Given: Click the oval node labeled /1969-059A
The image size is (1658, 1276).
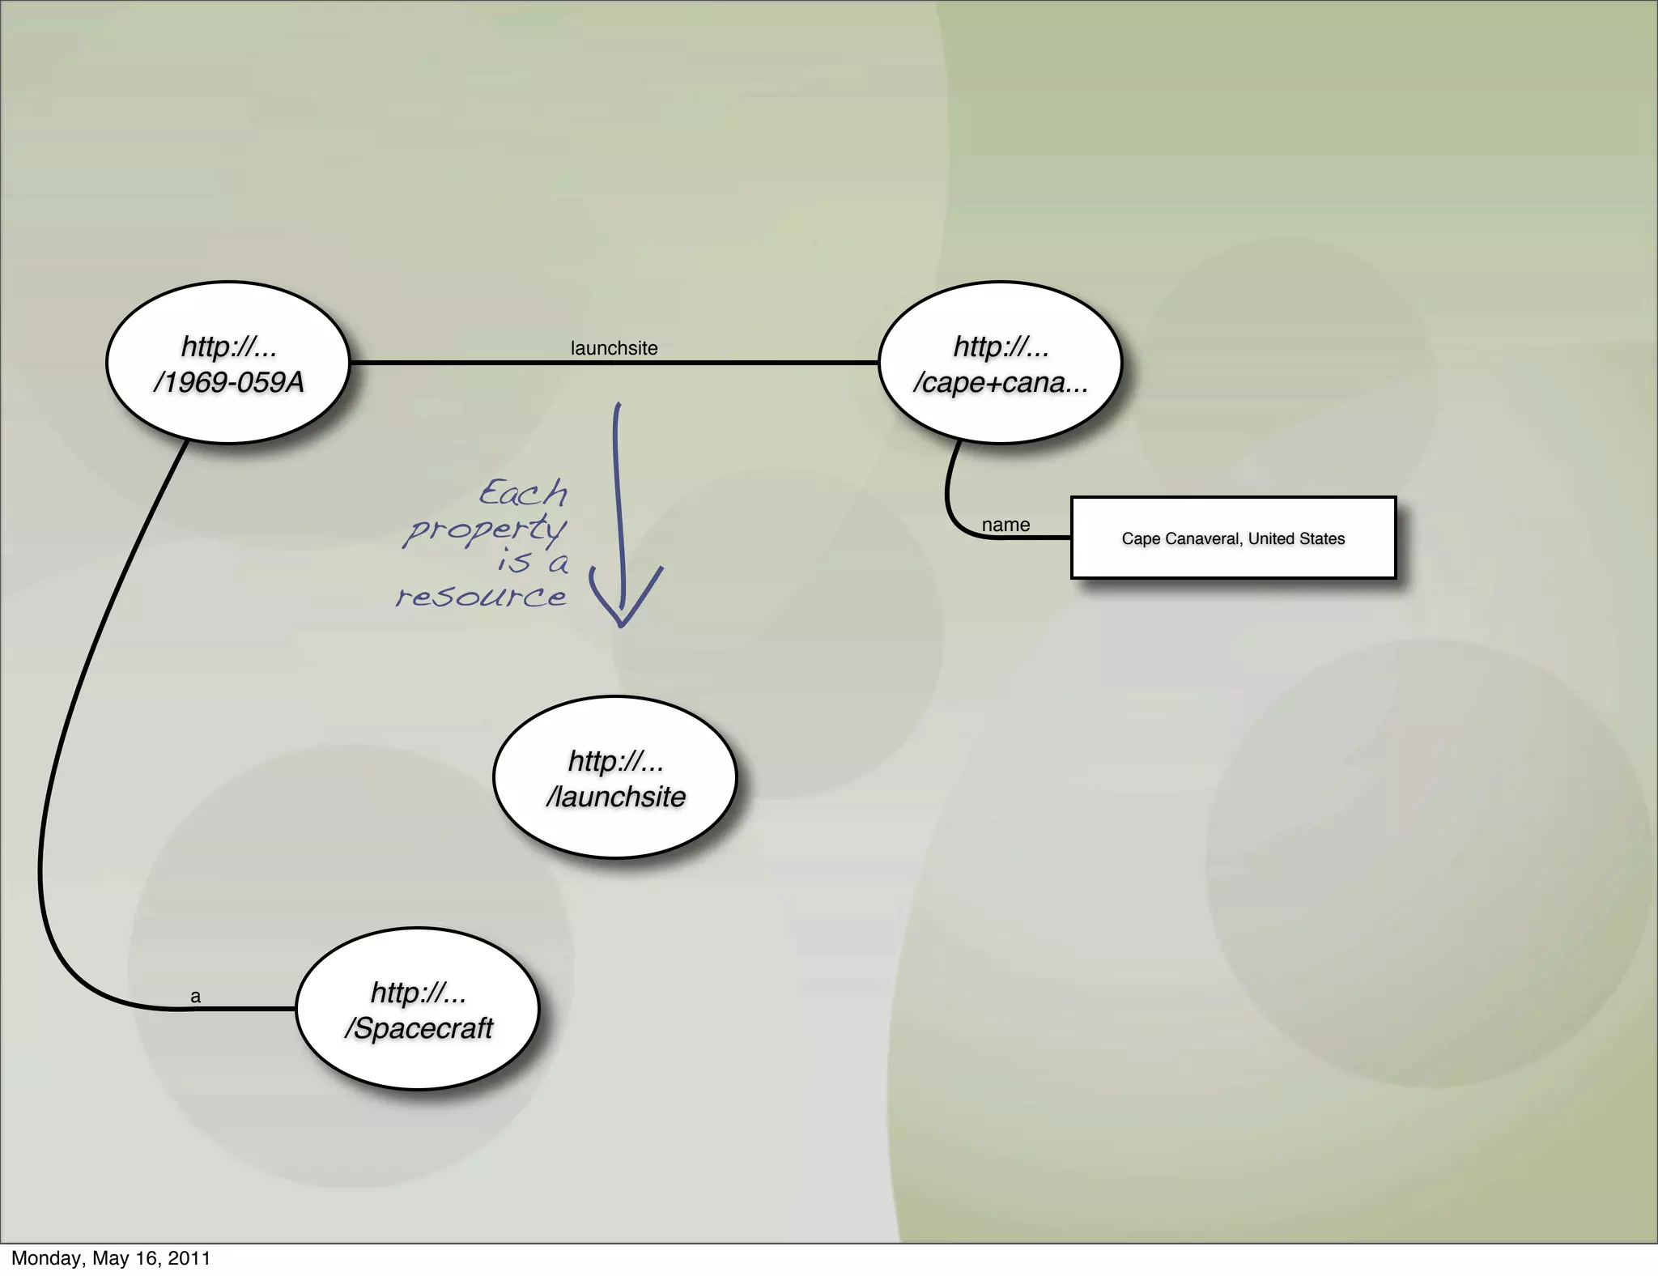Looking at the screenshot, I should coord(227,363).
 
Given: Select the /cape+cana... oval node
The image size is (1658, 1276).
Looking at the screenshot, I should coord(1000,363).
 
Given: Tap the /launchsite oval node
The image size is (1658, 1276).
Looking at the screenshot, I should coord(615,777).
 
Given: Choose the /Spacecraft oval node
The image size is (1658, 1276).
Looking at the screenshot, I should coord(418,1009).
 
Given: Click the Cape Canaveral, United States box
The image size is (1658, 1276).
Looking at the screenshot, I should coord(1233,538).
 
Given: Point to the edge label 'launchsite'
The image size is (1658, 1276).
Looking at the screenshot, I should coord(614,348).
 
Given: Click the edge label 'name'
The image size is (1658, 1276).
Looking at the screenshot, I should coord(1005,525).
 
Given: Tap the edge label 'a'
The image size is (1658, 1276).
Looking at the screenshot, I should coord(195,997).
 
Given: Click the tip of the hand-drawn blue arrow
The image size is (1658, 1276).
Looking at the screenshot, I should coord(622,625).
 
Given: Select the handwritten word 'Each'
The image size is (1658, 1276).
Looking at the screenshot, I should coord(523,493).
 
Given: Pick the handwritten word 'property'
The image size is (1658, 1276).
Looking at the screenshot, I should coord(486,530).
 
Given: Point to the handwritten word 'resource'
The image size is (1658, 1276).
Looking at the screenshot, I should coord(481,598).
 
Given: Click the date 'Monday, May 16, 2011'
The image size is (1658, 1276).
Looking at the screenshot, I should coord(111,1258).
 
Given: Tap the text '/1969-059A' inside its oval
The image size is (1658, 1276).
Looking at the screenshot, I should coord(228,382).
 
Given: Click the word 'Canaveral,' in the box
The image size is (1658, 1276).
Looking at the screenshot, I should coord(1204,538).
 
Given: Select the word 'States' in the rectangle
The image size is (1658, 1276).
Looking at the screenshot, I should coord(1320,538).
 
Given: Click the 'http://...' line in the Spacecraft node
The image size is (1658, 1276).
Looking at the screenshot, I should coord(418,992).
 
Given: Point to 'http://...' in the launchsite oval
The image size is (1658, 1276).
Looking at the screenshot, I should coord(615,760).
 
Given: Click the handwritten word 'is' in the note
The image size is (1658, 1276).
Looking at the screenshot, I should coord(514,561).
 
